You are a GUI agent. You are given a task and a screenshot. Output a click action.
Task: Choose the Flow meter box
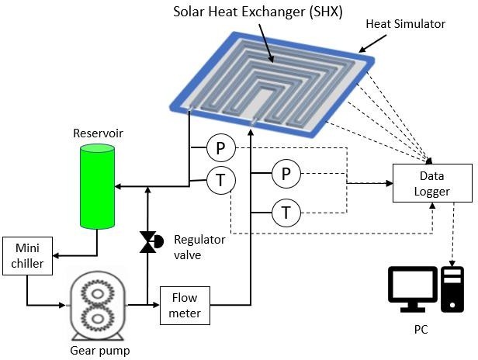(x=185, y=305)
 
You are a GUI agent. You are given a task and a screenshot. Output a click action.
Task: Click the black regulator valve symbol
(x=147, y=243)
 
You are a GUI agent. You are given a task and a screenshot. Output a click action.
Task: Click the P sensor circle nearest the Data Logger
(x=285, y=175)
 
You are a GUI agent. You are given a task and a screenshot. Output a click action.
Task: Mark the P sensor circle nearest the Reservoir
(x=219, y=147)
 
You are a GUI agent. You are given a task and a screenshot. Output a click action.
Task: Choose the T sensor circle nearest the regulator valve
(x=220, y=182)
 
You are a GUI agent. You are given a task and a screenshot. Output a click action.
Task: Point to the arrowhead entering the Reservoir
(x=119, y=187)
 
